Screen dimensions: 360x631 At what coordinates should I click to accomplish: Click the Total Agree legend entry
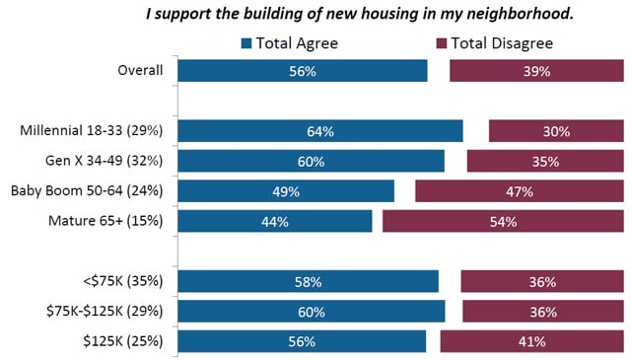(x=290, y=42)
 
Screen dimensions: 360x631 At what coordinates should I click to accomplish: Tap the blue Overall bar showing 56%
(x=303, y=71)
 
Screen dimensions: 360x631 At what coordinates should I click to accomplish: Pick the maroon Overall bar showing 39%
(x=536, y=71)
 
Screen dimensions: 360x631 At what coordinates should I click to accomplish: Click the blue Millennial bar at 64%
(x=320, y=131)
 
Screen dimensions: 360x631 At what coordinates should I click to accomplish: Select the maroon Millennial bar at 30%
(x=556, y=131)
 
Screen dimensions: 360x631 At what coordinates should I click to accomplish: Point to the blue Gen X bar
(x=311, y=161)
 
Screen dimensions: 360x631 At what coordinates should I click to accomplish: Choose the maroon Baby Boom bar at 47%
(x=519, y=191)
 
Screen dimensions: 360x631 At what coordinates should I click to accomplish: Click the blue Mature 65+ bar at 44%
(x=275, y=221)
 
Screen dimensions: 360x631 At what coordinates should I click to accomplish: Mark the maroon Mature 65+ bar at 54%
(x=503, y=221)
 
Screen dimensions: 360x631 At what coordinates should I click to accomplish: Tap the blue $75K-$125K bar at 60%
(x=312, y=312)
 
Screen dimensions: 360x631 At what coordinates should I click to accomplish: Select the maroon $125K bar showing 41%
(x=531, y=341)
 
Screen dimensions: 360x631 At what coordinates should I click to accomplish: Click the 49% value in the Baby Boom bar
(x=285, y=191)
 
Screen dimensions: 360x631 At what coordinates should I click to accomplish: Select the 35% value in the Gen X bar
(x=544, y=161)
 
